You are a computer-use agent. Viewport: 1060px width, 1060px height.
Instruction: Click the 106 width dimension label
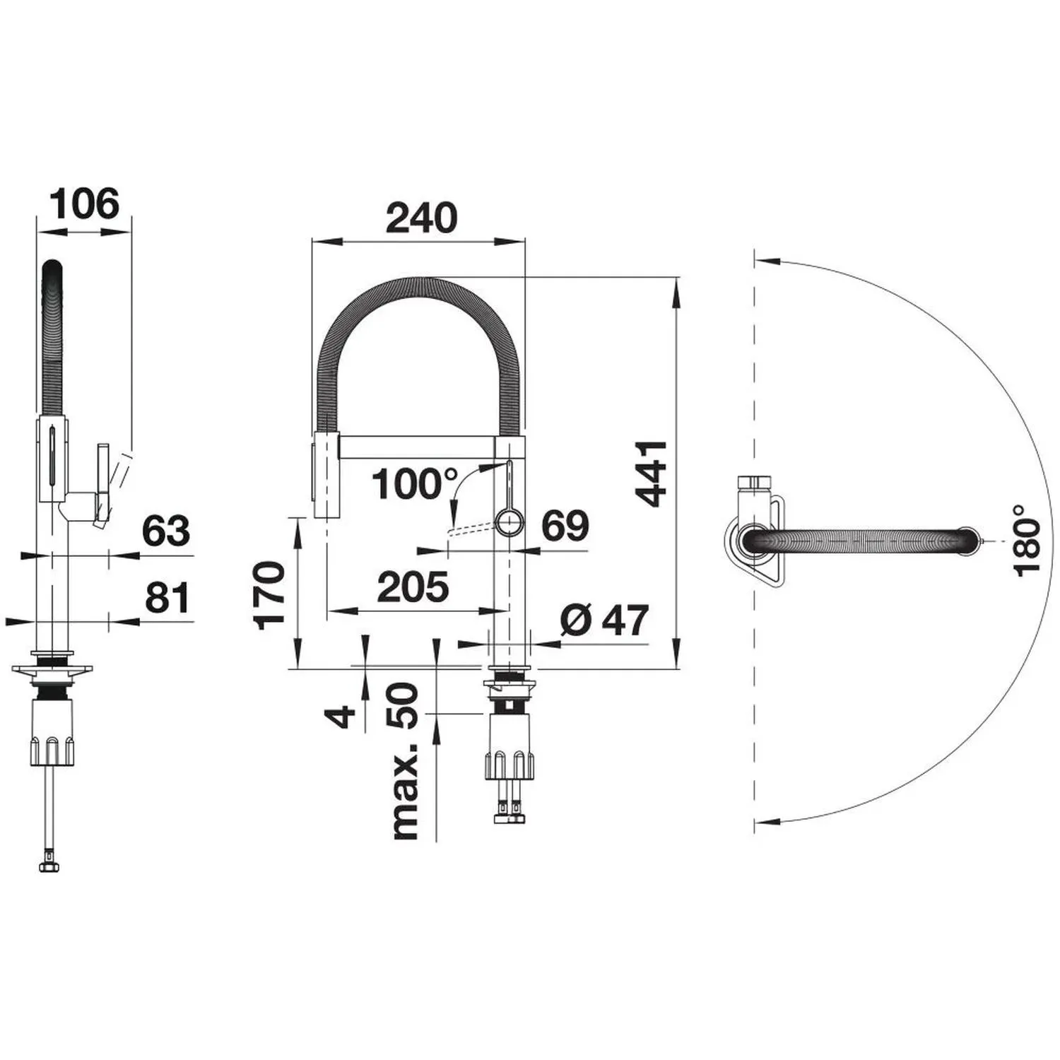tap(86, 204)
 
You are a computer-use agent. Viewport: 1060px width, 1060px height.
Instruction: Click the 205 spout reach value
tap(413, 587)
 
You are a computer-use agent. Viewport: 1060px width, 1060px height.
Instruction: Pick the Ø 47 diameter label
tap(604, 620)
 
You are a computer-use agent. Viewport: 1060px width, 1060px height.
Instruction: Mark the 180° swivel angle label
tap(1027, 539)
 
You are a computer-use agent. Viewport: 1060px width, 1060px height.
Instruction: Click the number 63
tap(167, 531)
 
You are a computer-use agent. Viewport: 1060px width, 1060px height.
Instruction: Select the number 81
tap(168, 598)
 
